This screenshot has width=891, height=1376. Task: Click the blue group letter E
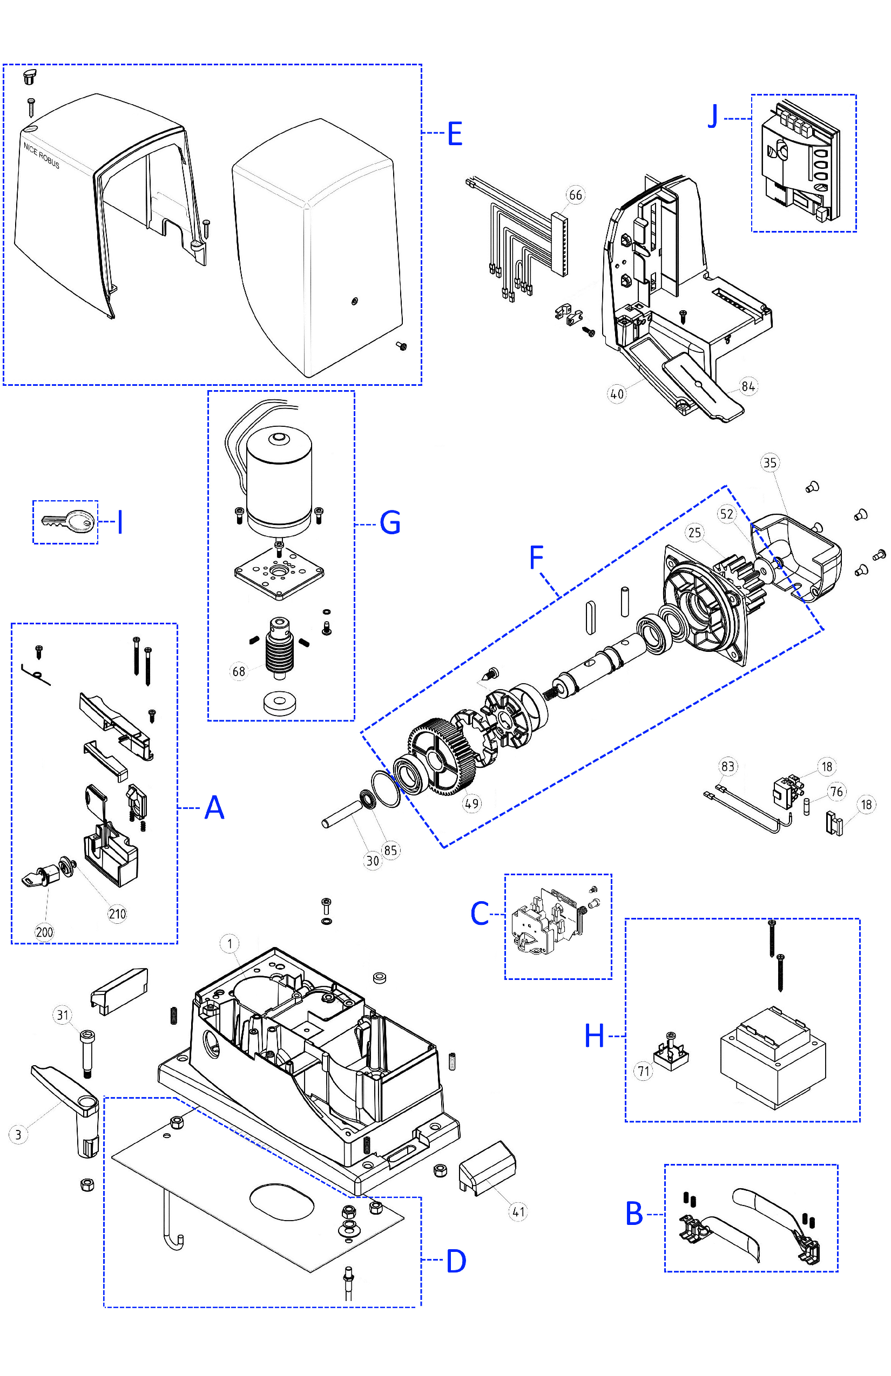click(x=455, y=134)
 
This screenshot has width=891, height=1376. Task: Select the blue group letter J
click(x=713, y=116)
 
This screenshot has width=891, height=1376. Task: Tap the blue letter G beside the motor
click(x=390, y=523)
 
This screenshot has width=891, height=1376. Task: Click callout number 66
click(x=575, y=195)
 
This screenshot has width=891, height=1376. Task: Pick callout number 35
click(x=769, y=462)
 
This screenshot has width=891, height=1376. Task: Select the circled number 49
click(x=471, y=803)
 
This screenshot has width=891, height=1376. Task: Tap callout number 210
click(x=117, y=914)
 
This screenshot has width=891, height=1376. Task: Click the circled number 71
click(x=643, y=1071)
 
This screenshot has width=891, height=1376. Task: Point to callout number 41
click(x=518, y=1211)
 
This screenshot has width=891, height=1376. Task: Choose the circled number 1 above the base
click(x=230, y=944)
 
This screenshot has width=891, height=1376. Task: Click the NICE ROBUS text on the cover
click(x=42, y=155)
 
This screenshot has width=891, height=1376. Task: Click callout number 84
click(x=747, y=386)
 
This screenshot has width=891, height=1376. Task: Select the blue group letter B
click(x=634, y=1214)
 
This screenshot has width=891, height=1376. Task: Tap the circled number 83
click(x=727, y=767)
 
